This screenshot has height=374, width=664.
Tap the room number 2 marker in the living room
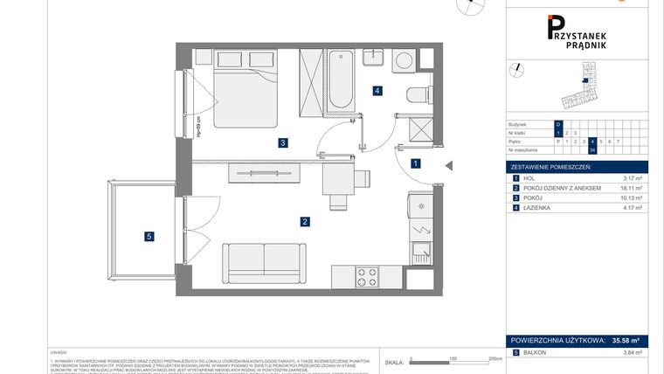[305, 222]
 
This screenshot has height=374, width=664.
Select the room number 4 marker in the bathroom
[377, 90]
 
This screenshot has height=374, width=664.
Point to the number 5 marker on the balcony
[149, 235]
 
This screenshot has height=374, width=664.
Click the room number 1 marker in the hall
[416, 163]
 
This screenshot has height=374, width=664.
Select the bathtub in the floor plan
[341, 82]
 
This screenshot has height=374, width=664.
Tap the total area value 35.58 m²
[626, 342]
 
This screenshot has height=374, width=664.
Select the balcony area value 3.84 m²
[632, 352]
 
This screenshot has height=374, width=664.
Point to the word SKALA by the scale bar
[394, 361]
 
